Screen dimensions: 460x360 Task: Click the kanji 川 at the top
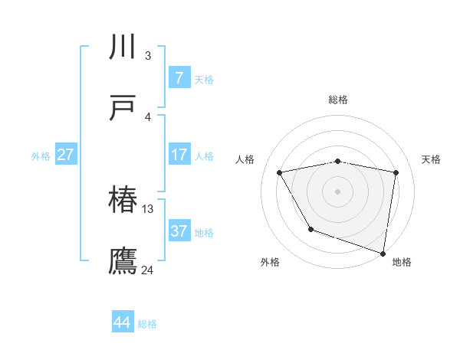pyautogui.click(x=123, y=47)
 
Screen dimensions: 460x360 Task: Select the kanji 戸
pyautogui.click(x=123, y=108)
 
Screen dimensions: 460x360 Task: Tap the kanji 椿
pyautogui.click(x=123, y=200)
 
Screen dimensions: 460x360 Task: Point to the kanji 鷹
pyautogui.click(x=123, y=261)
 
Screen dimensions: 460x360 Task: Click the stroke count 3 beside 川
pyautogui.click(x=147, y=55)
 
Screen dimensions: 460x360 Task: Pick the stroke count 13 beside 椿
pyautogui.click(x=148, y=208)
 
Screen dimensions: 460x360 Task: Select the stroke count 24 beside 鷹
pyautogui.click(x=148, y=270)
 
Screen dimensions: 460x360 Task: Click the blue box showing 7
pyautogui.click(x=179, y=77)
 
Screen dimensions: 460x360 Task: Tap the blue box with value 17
pyautogui.click(x=179, y=154)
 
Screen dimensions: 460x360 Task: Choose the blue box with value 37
pyautogui.click(x=179, y=231)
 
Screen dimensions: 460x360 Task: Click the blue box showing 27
pyautogui.click(x=66, y=154)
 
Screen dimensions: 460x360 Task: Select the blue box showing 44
pyautogui.click(x=123, y=322)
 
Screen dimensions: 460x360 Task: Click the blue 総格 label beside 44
pyautogui.click(x=147, y=324)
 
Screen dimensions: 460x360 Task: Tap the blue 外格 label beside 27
pyautogui.click(x=41, y=156)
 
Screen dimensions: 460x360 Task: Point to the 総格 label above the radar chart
pyautogui.click(x=338, y=100)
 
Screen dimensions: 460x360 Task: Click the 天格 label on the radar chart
pyautogui.click(x=431, y=159)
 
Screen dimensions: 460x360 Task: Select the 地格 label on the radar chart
pyautogui.click(x=402, y=262)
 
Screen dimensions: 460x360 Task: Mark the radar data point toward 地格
pyautogui.click(x=383, y=252)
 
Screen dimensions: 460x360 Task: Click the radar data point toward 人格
pyautogui.click(x=281, y=173)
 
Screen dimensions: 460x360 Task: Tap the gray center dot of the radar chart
pyautogui.click(x=338, y=191)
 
